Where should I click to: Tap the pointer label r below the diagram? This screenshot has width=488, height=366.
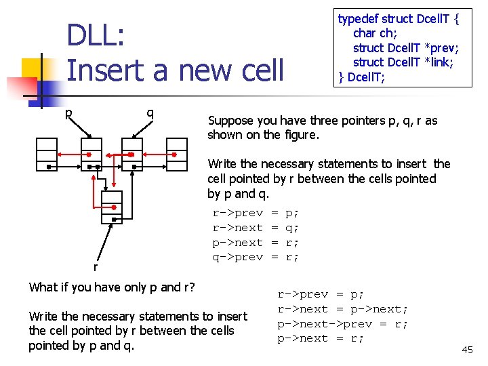click(x=95, y=267)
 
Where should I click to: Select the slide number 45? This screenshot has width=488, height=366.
click(x=467, y=350)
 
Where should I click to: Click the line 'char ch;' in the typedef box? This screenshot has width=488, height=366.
click(x=375, y=33)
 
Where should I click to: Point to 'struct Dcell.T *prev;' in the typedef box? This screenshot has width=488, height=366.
click(x=405, y=47)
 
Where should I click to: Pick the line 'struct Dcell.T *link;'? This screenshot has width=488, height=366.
click(x=403, y=62)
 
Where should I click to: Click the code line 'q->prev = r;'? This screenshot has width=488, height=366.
click(x=256, y=257)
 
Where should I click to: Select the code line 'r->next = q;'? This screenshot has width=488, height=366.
click(x=256, y=228)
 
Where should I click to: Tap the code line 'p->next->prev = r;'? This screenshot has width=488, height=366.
click(x=342, y=324)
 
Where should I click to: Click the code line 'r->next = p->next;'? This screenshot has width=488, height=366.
click(x=342, y=309)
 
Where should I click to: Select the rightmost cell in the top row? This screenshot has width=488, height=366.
click(x=176, y=155)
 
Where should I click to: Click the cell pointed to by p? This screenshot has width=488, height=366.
click(x=91, y=155)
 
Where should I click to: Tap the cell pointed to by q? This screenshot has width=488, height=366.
click(x=133, y=155)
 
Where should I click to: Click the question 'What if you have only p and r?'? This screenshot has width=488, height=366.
click(x=112, y=287)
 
